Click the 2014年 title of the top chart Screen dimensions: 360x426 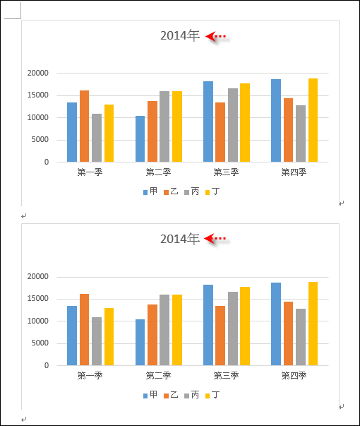pyautogui.click(x=180, y=35)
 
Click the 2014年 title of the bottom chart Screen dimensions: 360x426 pyautogui.click(x=180, y=239)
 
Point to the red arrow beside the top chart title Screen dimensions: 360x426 pyautogui.click(x=216, y=36)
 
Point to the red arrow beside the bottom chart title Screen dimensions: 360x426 pyautogui.click(x=215, y=239)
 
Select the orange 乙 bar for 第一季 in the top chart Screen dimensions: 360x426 pyautogui.click(x=85, y=126)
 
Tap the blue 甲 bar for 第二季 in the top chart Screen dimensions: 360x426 pyautogui.click(x=140, y=139)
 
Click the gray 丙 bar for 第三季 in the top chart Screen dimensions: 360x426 pyautogui.click(x=233, y=125)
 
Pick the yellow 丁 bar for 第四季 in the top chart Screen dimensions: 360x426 pyautogui.click(x=313, y=120)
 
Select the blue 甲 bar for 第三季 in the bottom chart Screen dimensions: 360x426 pyautogui.click(x=208, y=325)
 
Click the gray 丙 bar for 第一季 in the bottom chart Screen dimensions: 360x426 pyautogui.click(x=97, y=341)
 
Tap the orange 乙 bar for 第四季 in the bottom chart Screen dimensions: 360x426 pyautogui.click(x=288, y=333)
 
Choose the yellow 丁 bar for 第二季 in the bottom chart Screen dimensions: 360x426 pyautogui.click(x=177, y=330)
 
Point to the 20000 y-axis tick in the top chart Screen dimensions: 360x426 pyautogui.click(x=37, y=73)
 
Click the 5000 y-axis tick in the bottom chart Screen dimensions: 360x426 pyautogui.click(x=40, y=343)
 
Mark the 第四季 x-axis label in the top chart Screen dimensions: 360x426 pyautogui.click(x=294, y=172)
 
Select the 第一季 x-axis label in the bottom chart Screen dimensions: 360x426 pyautogui.click(x=90, y=375)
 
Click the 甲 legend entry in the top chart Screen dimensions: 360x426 pyautogui.click(x=150, y=191)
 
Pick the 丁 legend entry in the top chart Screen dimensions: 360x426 pyautogui.click(x=212, y=191)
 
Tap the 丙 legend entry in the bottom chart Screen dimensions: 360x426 pyautogui.click(x=192, y=395)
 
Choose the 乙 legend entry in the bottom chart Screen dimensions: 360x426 pyautogui.click(x=171, y=395)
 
